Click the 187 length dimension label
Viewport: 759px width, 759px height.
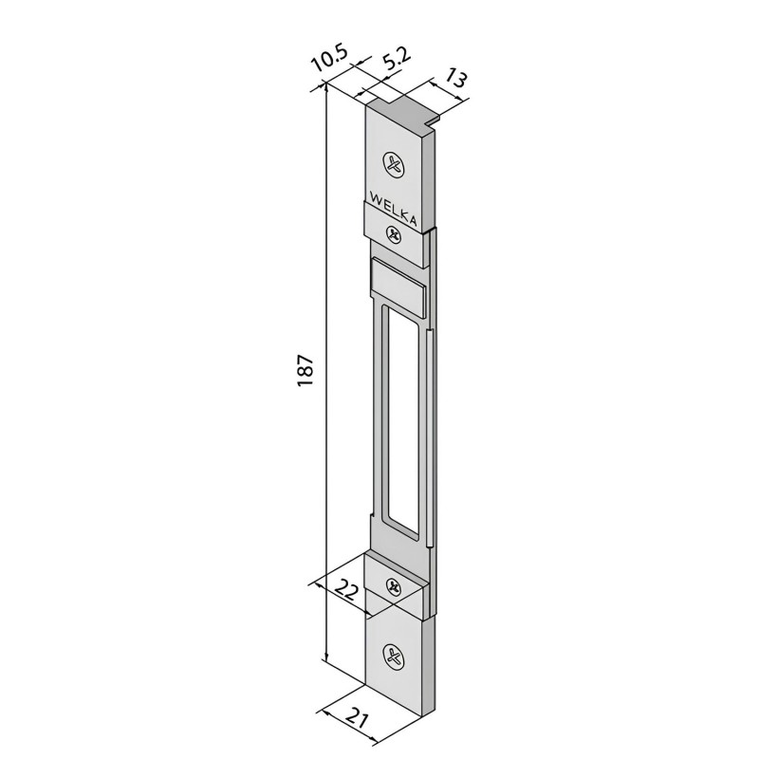point(305,370)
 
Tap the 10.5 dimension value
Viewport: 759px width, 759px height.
point(330,62)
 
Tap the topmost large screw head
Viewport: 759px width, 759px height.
point(395,164)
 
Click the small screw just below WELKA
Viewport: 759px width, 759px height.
point(394,234)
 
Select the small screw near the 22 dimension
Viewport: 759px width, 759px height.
point(394,586)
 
